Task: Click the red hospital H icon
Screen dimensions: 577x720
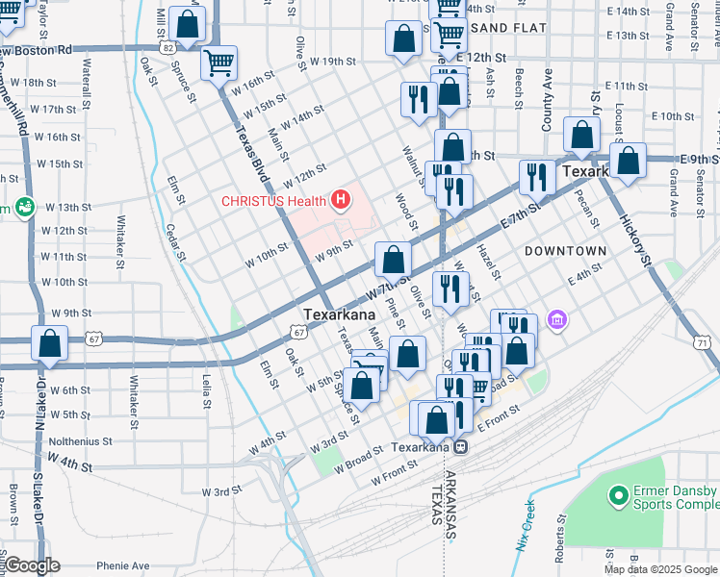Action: click(339, 200)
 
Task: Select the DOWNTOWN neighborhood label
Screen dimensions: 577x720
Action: click(566, 251)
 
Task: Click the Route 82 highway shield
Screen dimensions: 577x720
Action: click(168, 46)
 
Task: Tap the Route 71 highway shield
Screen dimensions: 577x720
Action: click(703, 342)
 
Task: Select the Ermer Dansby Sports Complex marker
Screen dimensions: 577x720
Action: click(618, 495)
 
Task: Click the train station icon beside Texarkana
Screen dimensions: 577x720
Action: click(461, 446)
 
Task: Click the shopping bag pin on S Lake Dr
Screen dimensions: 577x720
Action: click(49, 342)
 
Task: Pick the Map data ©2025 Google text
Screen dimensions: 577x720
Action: click(661, 569)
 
